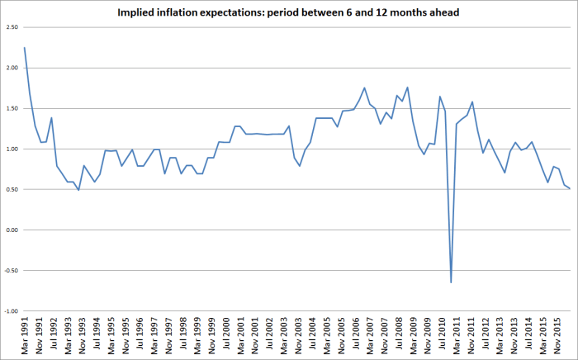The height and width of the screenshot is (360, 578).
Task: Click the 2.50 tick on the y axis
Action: coord(11,27)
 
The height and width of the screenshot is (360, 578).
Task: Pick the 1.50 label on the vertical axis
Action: coord(11,108)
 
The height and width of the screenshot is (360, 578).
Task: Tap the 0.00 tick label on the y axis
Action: coord(11,230)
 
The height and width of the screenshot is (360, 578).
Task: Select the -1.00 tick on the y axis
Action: coord(10,311)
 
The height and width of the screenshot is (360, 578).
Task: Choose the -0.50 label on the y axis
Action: coord(10,271)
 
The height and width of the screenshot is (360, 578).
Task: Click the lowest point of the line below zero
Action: coord(451,282)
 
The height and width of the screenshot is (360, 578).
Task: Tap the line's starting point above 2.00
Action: coord(25,48)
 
